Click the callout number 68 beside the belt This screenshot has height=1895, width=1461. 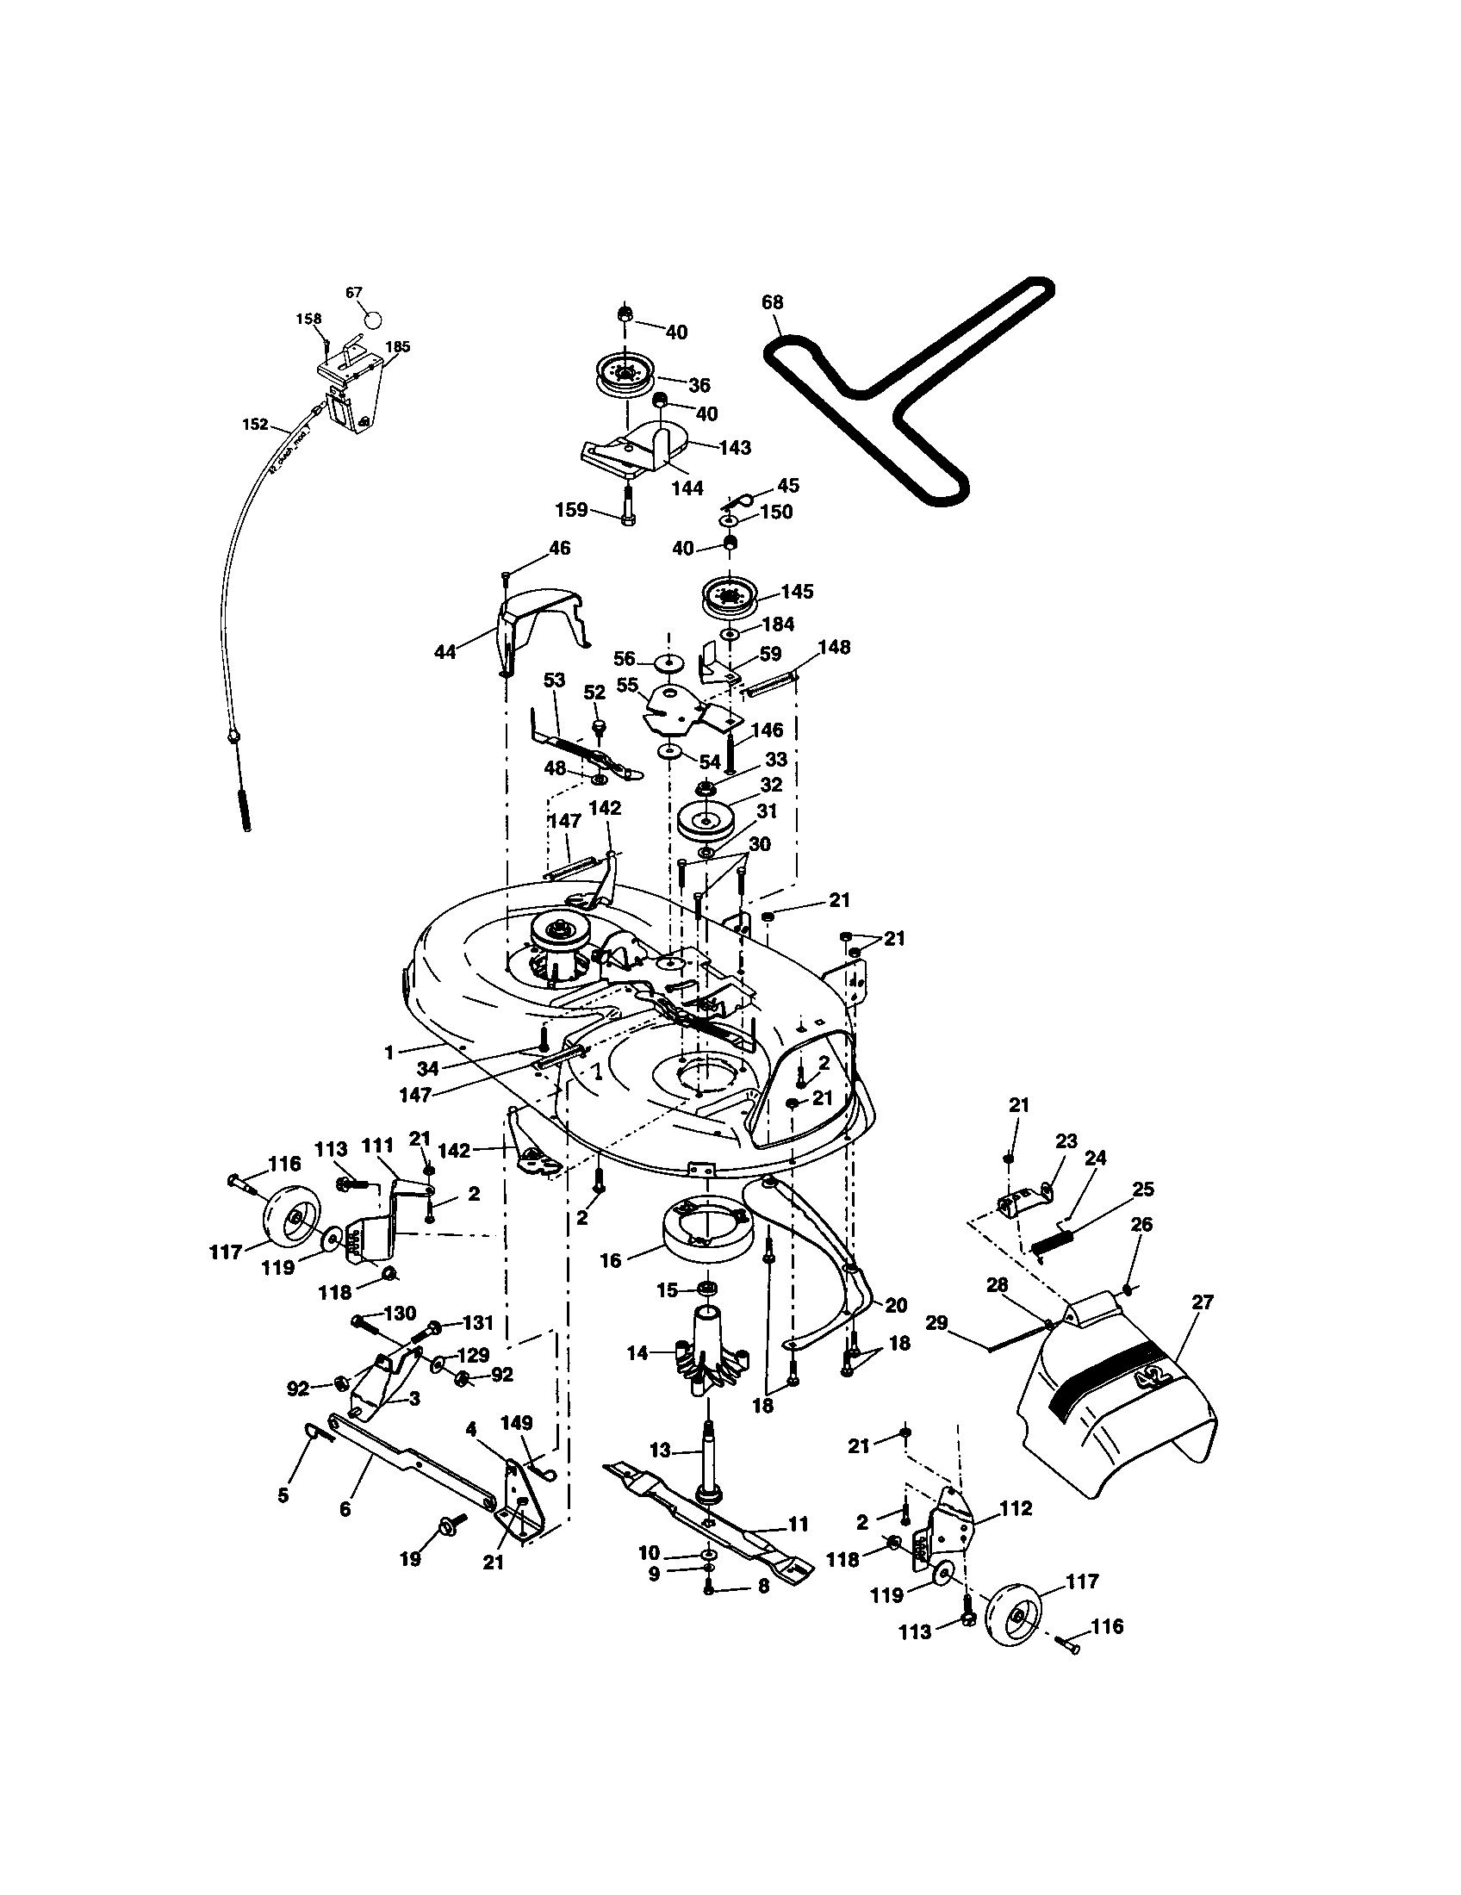coord(771,302)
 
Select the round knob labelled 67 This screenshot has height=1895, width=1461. coord(372,319)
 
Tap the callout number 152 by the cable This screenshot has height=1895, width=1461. coord(255,425)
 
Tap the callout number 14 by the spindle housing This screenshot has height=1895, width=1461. coord(637,1352)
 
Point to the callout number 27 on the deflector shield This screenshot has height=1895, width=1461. coord(1203,1302)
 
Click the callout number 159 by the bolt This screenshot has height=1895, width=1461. coord(571,509)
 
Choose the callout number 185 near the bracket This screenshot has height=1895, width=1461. coord(397,347)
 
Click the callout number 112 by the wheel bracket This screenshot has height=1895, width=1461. coord(1015,1508)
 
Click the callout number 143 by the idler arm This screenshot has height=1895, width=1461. coord(735,448)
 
